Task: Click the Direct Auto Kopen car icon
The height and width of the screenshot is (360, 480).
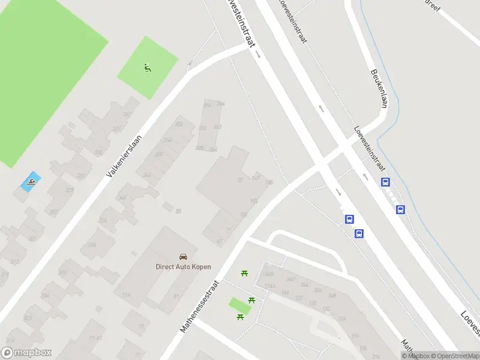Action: (x=184, y=256)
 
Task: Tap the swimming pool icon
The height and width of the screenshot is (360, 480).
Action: (x=31, y=181)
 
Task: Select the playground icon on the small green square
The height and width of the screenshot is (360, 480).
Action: (x=148, y=68)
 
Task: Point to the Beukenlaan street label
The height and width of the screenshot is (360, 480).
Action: (x=379, y=88)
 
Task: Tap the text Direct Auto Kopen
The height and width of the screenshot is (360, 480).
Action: (x=183, y=267)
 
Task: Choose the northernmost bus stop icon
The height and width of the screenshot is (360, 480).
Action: (x=385, y=182)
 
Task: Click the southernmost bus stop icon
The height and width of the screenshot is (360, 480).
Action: (x=359, y=234)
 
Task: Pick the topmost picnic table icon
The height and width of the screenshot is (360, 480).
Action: (x=244, y=274)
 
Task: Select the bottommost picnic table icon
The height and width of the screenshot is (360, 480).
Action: (x=240, y=316)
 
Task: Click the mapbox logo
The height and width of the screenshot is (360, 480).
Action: (x=26, y=353)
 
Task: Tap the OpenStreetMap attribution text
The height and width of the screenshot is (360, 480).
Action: (x=454, y=356)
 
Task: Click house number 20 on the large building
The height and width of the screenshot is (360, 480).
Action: (x=241, y=179)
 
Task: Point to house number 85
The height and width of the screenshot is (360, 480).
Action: (x=178, y=211)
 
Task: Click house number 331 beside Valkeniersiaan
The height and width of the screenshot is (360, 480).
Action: (x=79, y=176)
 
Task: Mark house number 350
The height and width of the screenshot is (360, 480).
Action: (x=178, y=124)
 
